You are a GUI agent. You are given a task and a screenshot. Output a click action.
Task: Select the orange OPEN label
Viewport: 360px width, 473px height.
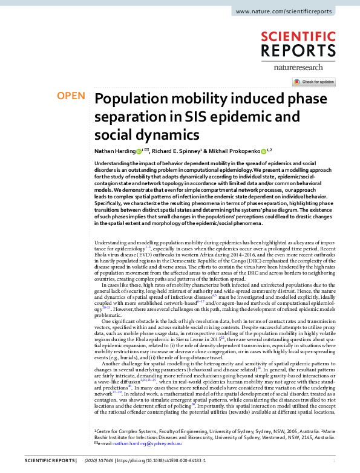[x=70, y=96]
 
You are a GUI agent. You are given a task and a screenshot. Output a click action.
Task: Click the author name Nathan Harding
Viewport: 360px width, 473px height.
[x=114, y=151]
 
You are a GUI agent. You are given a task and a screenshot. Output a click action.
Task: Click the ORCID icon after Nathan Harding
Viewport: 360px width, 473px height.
[x=139, y=151]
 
